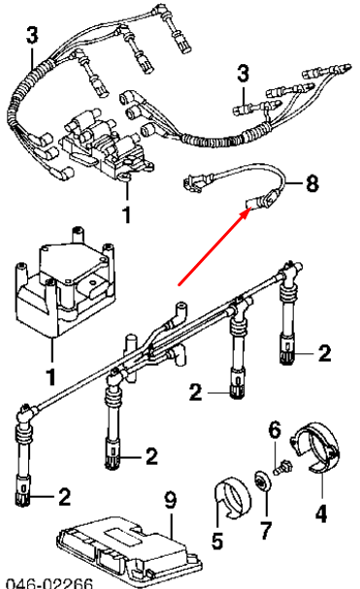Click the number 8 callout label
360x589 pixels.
tap(311, 181)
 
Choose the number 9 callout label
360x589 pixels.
tap(170, 501)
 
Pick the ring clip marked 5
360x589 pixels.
tap(230, 494)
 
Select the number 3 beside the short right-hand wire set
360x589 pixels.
tap(244, 74)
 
